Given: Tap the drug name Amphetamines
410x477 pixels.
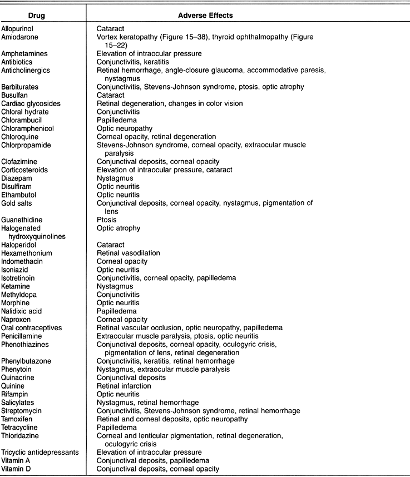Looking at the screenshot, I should tap(24, 53).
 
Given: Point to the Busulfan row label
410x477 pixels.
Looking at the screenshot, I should tap(14, 96).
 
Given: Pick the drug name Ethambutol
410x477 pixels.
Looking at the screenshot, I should tap(18, 195).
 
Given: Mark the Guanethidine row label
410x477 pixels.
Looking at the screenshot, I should tap(22, 220).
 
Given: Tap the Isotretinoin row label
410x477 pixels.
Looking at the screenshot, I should tap(21, 278).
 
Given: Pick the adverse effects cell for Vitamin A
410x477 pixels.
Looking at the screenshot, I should tap(153, 461).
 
